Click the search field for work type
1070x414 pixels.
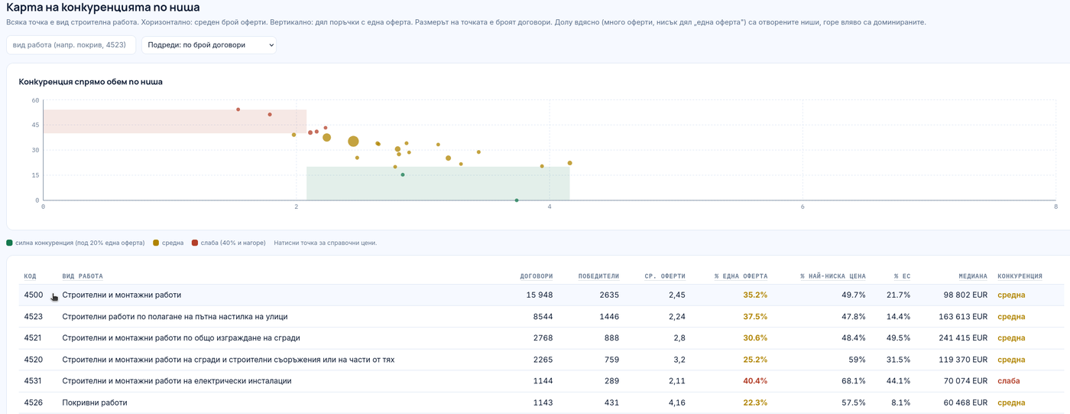[71, 45]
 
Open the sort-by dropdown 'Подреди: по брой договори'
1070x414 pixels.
[209, 45]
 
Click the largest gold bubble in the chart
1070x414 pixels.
[353, 141]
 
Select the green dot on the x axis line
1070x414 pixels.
[517, 200]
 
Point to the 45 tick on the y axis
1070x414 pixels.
[35, 126]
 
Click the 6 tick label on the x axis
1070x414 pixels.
[802, 207]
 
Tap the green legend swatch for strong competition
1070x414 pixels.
[9, 243]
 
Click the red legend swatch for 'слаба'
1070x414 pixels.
[194, 243]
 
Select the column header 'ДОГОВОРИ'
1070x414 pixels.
[537, 276]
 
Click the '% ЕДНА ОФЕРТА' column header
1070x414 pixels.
[741, 276]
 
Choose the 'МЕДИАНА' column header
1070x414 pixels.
[972, 276]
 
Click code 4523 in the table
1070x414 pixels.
[34, 317]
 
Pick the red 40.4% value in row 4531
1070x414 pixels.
[755, 381]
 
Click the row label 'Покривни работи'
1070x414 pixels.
[95, 403]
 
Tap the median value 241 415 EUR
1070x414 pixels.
[963, 338]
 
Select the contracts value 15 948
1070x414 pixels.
[540, 295]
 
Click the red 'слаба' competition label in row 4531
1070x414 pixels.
[1008, 381]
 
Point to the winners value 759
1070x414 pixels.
[611, 360]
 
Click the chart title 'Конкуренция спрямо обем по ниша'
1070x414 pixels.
[91, 82]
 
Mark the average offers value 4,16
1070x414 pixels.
[677, 403]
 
